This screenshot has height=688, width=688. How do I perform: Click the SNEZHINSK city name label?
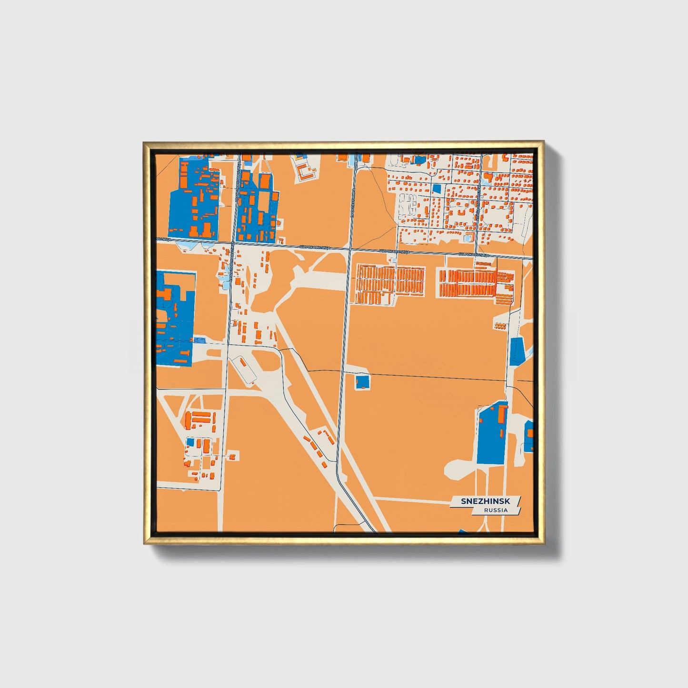coord(485,501)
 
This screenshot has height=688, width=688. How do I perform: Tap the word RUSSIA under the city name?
coord(496,510)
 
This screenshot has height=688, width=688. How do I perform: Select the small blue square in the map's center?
coord(362,382)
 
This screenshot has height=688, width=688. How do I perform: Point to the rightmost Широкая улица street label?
coord(474,255)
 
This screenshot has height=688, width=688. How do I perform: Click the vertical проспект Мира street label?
coord(353,202)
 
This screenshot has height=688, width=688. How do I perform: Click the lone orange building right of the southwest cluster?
coord(232,457)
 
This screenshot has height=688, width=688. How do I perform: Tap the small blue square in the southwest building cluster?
coord(190,442)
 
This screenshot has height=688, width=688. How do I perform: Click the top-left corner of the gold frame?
coord(144,142)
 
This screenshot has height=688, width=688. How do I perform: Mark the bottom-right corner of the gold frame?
coord(543,543)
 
